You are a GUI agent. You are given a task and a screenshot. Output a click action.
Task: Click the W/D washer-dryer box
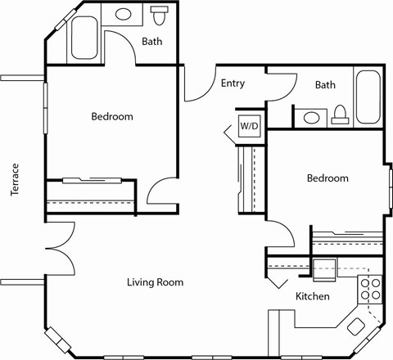[x=249, y=126]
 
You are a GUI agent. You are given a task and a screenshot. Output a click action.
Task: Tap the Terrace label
[x=15, y=179]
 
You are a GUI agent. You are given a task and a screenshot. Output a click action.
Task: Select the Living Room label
[x=155, y=282]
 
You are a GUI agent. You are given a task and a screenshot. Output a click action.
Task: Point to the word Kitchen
[x=312, y=296]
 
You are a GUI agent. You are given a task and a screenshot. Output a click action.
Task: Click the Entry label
[x=233, y=83]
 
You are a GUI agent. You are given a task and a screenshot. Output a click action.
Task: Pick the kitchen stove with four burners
[x=370, y=289]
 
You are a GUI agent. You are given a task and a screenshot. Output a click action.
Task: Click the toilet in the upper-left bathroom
[x=160, y=15]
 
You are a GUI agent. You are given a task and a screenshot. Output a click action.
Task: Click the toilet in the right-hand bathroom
[x=341, y=116]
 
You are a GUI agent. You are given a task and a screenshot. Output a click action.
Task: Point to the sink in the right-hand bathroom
[x=312, y=118]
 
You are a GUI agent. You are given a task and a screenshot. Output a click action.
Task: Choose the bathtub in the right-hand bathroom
[x=368, y=97]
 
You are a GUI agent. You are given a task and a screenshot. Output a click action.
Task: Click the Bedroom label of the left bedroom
[x=111, y=116]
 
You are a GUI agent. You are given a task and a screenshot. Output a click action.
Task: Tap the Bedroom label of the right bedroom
[x=327, y=178]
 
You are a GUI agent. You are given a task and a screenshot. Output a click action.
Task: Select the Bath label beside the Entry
[x=325, y=84]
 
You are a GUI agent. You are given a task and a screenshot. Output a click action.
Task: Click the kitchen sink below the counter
[x=324, y=265]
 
